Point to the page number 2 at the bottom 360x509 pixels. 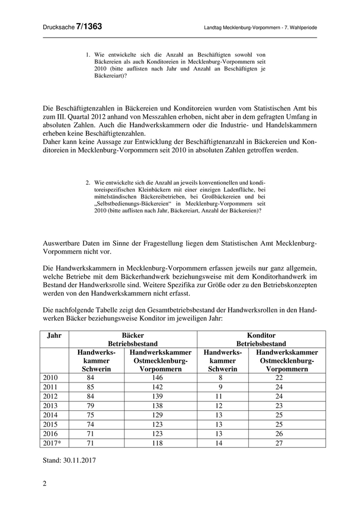coord(44,483)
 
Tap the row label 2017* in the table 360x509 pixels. coord(53,443)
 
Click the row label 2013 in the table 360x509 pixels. coord(50,405)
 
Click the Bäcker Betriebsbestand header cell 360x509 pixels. coord(133,339)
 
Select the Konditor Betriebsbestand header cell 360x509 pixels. coord(261,339)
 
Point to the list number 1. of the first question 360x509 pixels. coord(88,54)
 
